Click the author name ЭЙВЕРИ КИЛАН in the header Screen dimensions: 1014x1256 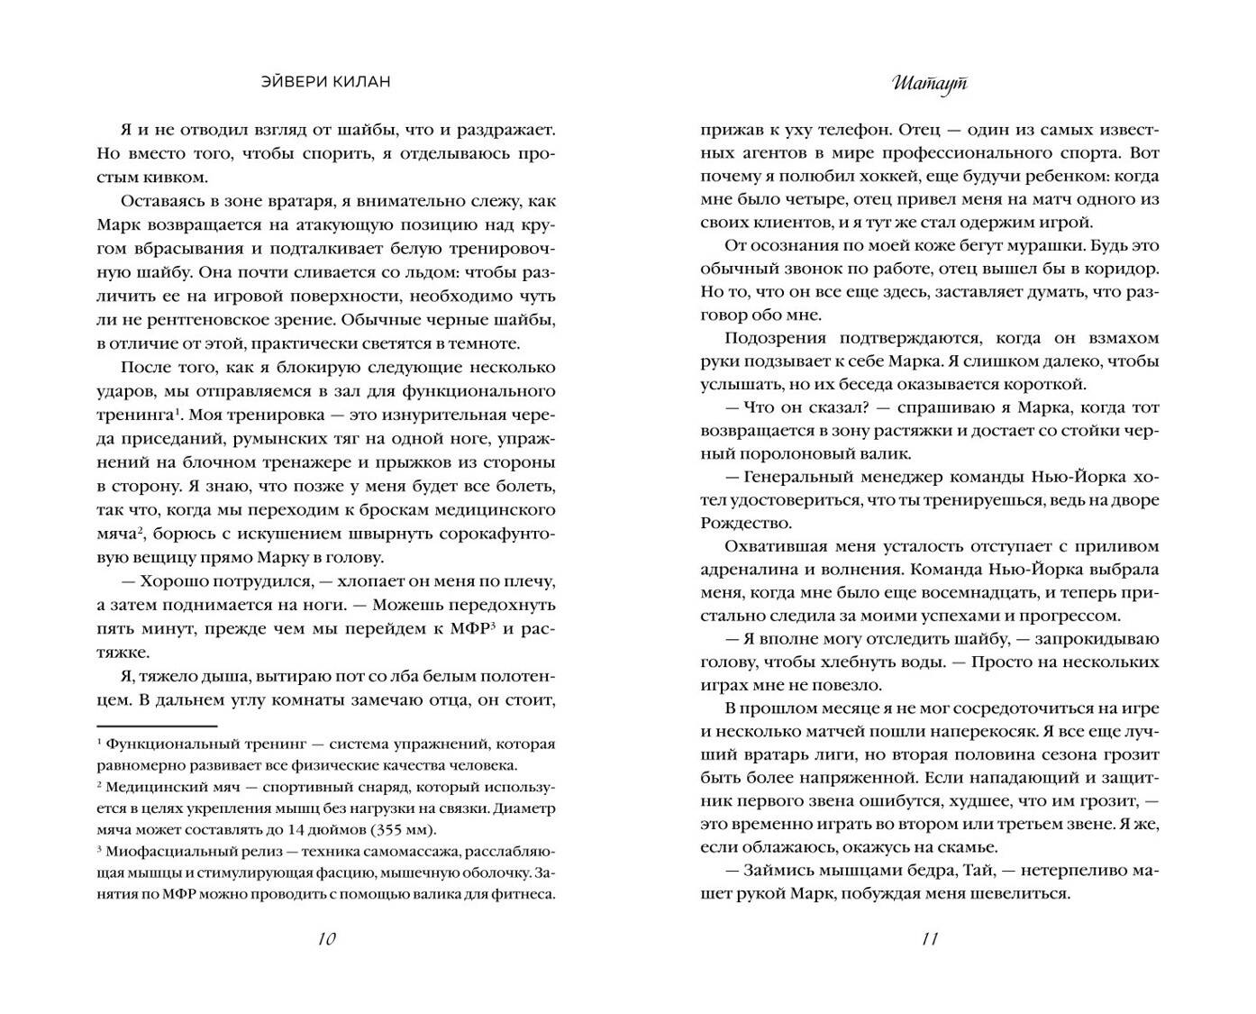click(x=325, y=82)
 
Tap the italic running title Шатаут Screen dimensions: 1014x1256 click(x=930, y=83)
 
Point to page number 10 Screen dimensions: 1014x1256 click(x=326, y=939)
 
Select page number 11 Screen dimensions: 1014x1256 click(x=930, y=939)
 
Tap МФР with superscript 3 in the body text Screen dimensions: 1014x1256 click(x=469, y=628)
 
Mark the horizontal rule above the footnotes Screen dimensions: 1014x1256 click(x=157, y=726)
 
